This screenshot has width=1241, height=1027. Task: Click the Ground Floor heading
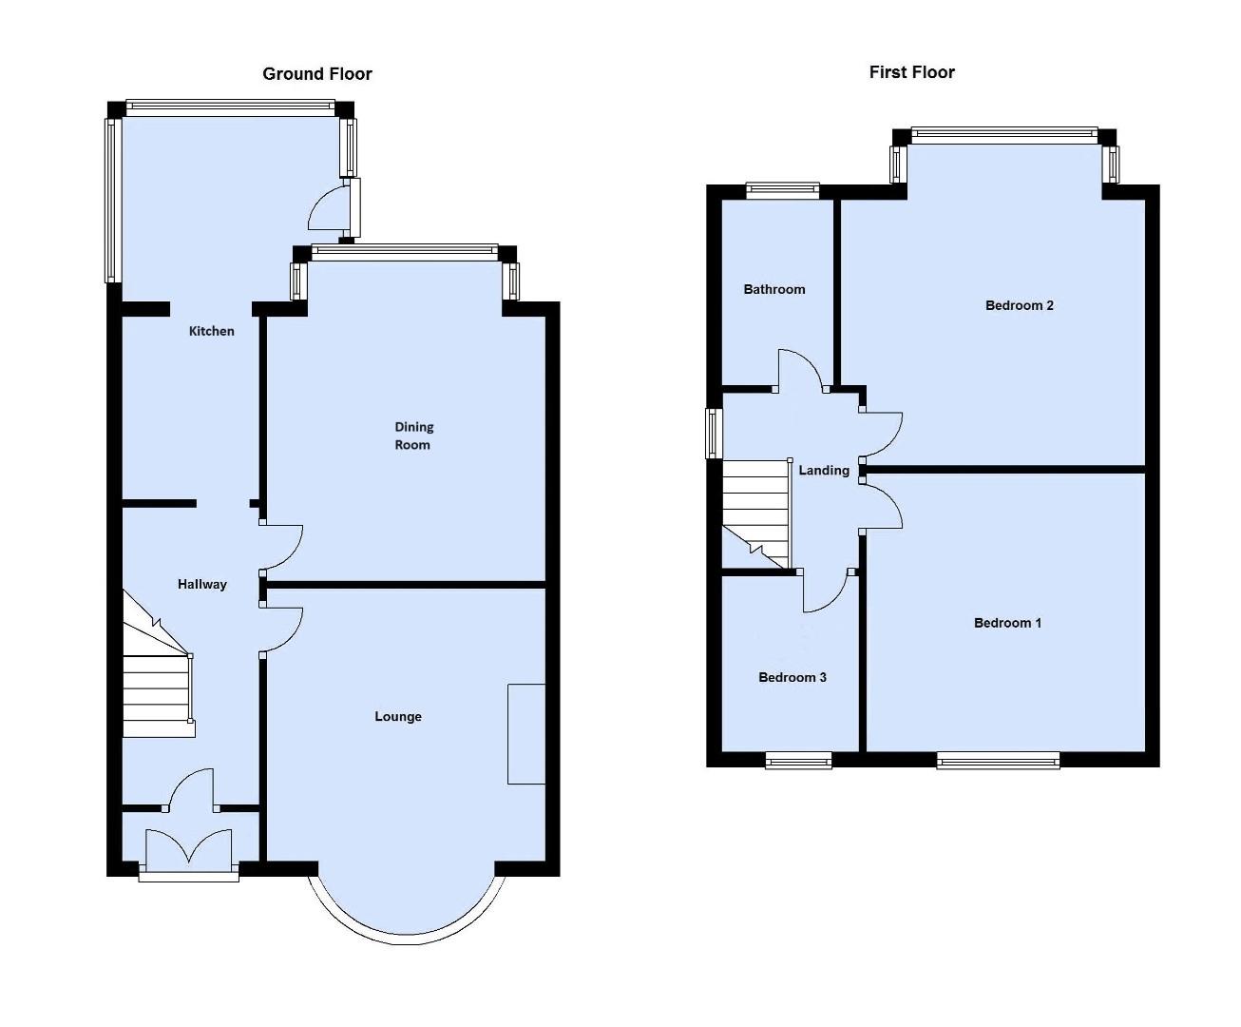coord(317,74)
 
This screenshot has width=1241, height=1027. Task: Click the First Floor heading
coord(911,72)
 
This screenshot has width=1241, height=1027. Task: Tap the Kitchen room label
coord(211,331)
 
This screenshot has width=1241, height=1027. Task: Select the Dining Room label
coord(413,436)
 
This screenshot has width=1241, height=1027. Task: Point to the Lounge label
coord(397,717)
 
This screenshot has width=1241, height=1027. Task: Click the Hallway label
coord(202,584)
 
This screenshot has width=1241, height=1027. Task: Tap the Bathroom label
coord(773,289)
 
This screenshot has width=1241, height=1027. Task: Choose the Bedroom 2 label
coord(1019,305)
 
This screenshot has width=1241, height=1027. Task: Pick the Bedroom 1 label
coord(1007,623)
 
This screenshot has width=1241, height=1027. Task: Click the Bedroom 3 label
coord(792,677)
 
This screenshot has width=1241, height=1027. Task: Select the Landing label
coord(823,470)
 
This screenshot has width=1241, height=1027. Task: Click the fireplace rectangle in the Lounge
coord(526,733)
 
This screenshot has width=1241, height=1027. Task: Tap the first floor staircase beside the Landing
coord(757,513)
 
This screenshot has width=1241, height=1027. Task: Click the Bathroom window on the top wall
coord(782,190)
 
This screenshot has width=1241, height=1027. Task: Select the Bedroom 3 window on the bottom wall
coord(798,759)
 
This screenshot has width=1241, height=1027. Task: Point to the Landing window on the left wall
coord(714,433)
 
